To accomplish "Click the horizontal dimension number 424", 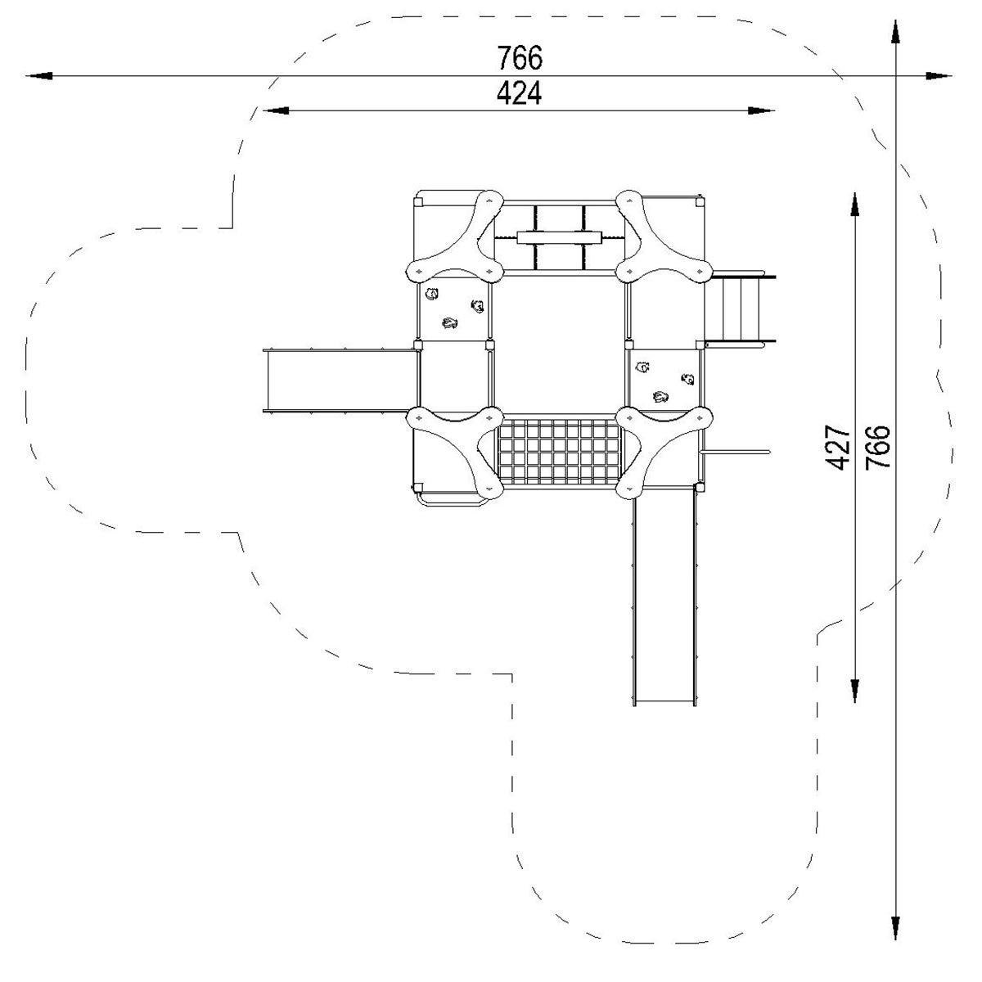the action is [519, 94].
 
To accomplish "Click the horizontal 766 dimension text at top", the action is [520, 57].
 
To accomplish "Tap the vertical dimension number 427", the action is [838, 447].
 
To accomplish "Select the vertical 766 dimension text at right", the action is [878, 447].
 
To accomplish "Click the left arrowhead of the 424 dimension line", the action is [275, 110].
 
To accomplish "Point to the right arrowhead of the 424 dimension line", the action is [761, 110].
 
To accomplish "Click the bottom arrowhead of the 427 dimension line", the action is [855, 691].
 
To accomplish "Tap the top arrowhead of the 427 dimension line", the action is [855, 205].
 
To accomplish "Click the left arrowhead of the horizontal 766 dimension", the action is [39, 76].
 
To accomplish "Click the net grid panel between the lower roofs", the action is [559, 452].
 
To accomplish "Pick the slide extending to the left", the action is [340, 381].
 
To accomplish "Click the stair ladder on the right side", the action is [740, 309].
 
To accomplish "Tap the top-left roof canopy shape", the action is [455, 236].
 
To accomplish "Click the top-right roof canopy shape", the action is [664, 236].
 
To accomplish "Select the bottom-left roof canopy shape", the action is [455, 452].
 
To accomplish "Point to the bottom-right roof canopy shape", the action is [664, 452].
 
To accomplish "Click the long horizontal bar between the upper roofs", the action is [559, 237].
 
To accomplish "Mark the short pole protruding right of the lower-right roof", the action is [735, 452].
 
